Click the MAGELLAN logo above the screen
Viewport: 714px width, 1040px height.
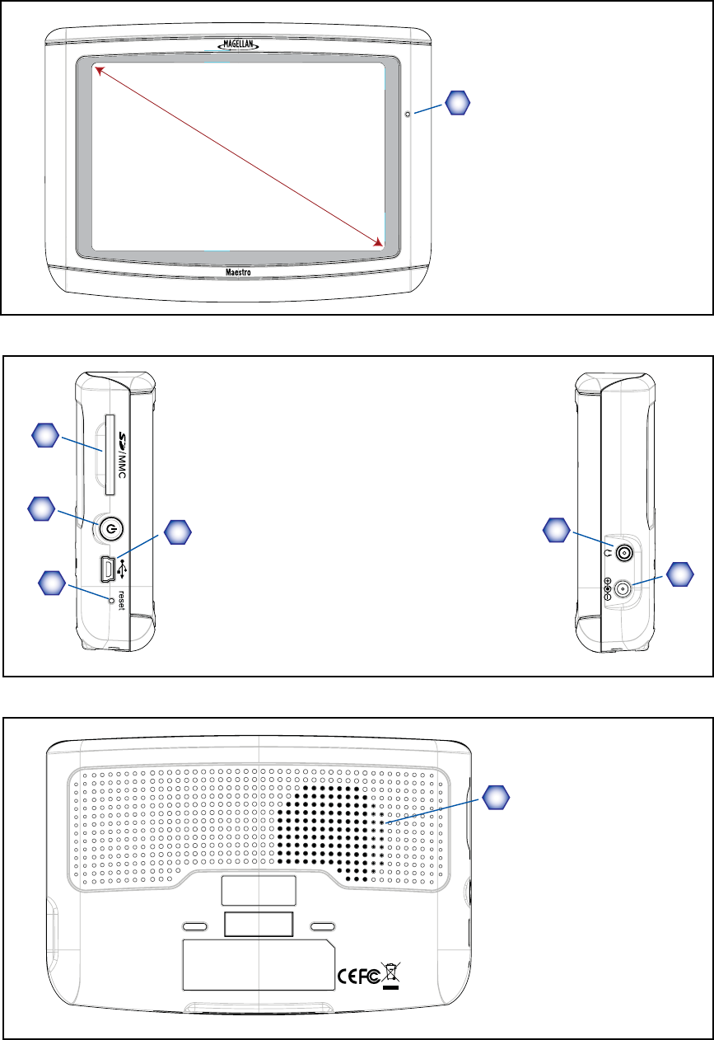pos(238,46)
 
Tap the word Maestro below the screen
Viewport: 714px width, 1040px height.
pos(238,269)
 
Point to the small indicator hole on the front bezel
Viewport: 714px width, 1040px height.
pos(408,114)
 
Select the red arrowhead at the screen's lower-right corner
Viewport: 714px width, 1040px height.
pos(379,241)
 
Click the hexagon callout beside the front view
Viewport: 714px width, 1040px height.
pos(458,102)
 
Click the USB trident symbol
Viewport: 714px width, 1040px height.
pos(123,568)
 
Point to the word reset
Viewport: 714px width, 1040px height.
pos(120,598)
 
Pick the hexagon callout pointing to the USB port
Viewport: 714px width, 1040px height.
pos(175,533)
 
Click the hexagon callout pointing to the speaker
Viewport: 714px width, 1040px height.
pos(494,796)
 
